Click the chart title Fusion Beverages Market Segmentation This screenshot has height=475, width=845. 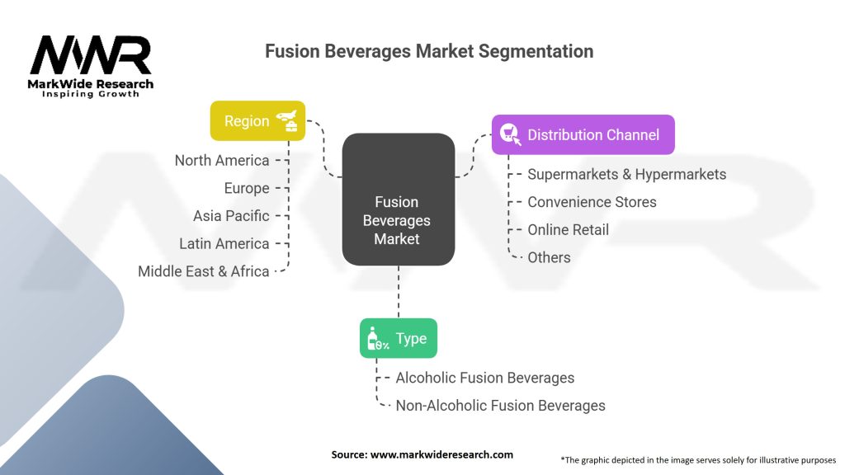click(428, 51)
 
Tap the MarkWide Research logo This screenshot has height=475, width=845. click(91, 66)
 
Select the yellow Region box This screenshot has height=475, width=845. click(257, 120)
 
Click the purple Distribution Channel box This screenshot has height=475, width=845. click(583, 134)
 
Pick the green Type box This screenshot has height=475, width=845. click(398, 338)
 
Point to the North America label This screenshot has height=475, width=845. click(222, 160)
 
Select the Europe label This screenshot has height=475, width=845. click(247, 188)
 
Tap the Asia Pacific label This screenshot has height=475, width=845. click(231, 216)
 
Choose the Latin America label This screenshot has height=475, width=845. click(224, 243)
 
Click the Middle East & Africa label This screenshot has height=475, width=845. click(204, 271)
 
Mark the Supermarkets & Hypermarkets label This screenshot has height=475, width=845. click(626, 174)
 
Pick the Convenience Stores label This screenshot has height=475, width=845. click(592, 202)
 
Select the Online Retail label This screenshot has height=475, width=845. click(568, 229)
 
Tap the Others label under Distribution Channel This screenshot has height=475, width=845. click(549, 257)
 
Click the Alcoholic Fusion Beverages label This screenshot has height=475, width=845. click(484, 378)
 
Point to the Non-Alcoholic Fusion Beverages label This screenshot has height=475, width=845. click(500, 406)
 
